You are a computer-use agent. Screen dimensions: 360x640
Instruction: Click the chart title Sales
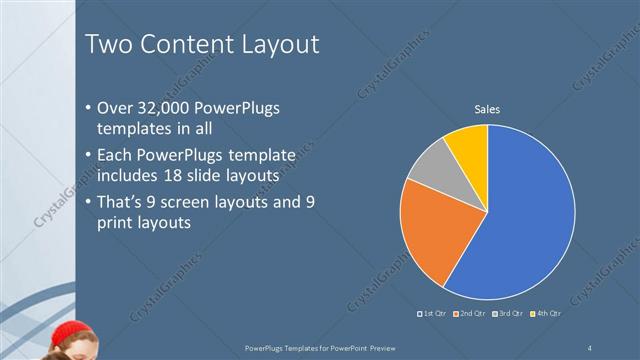pyautogui.click(x=487, y=109)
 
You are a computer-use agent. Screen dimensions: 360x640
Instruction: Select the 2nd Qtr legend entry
pyautogui.click(x=470, y=314)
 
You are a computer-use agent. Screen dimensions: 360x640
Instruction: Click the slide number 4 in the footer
pyautogui.click(x=590, y=346)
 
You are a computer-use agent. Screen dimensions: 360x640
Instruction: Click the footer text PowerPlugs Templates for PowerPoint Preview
pyautogui.click(x=319, y=346)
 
